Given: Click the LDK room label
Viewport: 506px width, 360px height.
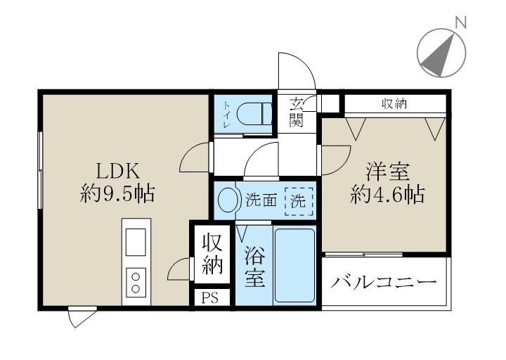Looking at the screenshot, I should coord(119,170).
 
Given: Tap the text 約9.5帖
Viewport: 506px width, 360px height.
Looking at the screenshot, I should coord(117,193).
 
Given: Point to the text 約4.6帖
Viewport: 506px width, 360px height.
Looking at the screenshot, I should coord(387,194).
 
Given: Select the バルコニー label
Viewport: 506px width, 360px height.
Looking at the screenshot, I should coord(385,283).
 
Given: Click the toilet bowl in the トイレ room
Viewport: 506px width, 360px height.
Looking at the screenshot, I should coord(252,112).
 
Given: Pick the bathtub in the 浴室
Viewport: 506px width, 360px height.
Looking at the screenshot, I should coord(294,264).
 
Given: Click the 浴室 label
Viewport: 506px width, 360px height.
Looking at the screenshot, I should coord(254,266).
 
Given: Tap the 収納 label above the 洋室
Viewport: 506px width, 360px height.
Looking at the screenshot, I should coord(394,104).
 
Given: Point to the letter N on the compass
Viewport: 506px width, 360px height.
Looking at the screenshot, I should coord(461,23).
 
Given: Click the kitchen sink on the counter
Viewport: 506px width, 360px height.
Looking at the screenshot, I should coord(136,242).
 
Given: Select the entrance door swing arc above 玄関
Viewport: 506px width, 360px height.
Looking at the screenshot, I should coord(295,70).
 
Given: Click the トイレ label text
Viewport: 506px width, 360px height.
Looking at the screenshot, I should coord(227,114).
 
